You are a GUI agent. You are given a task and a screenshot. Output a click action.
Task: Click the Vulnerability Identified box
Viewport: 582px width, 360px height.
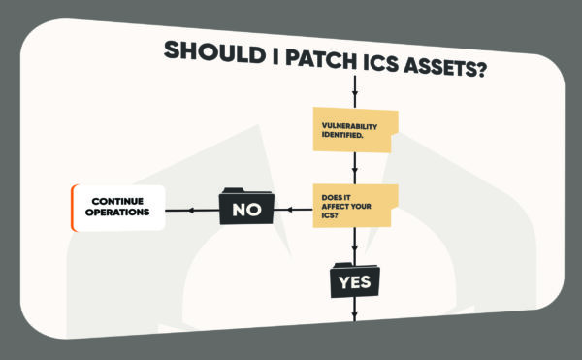[354, 130]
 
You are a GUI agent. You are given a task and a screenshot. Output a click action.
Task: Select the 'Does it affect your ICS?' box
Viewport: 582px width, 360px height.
[354, 205]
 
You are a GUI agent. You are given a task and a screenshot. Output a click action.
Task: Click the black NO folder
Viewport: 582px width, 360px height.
[246, 207]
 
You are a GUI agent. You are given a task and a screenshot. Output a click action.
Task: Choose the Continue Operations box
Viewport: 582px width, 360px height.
[118, 207]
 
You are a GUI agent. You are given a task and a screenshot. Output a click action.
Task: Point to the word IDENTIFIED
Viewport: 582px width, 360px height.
[343, 135]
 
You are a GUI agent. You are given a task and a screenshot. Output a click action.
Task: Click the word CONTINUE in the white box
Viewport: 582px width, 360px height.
[118, 201]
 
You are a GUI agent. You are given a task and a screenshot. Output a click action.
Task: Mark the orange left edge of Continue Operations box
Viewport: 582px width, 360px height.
[74, 207]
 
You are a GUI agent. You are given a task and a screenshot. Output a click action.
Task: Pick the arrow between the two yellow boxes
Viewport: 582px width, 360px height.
[355, 168]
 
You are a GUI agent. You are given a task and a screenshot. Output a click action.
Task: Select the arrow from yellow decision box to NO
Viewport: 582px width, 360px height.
[294, 208]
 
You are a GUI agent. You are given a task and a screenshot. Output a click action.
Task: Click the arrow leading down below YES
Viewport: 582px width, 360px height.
[355, 309]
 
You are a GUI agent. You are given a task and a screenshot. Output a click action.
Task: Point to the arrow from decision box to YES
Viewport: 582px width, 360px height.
[355, 245]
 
